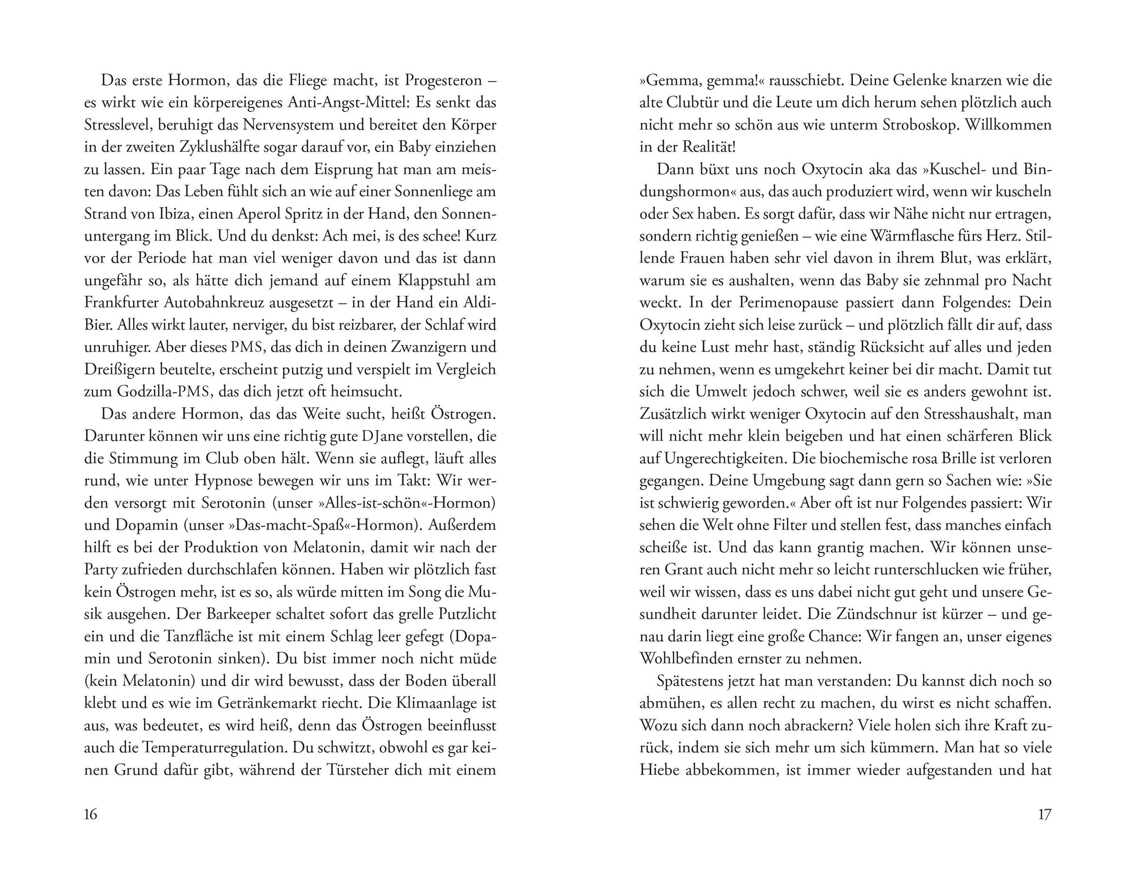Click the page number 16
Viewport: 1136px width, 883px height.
(x=90, y=814)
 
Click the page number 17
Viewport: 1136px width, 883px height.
(x=1045, y=814)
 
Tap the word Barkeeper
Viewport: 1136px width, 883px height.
(x=221, y=614)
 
